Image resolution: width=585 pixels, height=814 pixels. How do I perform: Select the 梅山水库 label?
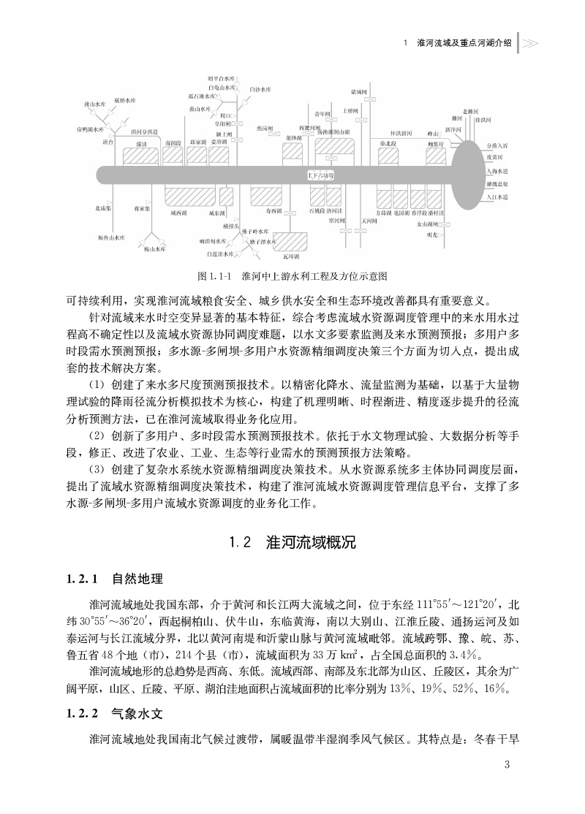(155, 248)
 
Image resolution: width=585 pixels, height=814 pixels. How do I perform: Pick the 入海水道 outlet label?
(497, 170)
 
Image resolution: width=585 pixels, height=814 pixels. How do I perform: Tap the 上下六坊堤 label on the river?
(320, 176)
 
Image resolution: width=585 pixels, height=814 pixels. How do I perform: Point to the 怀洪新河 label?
(401, 133)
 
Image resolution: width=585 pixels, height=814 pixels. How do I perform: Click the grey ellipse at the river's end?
(467, 175)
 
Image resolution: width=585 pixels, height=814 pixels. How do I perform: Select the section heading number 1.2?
(241, 543)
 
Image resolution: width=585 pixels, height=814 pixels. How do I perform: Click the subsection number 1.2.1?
(82, 579)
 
